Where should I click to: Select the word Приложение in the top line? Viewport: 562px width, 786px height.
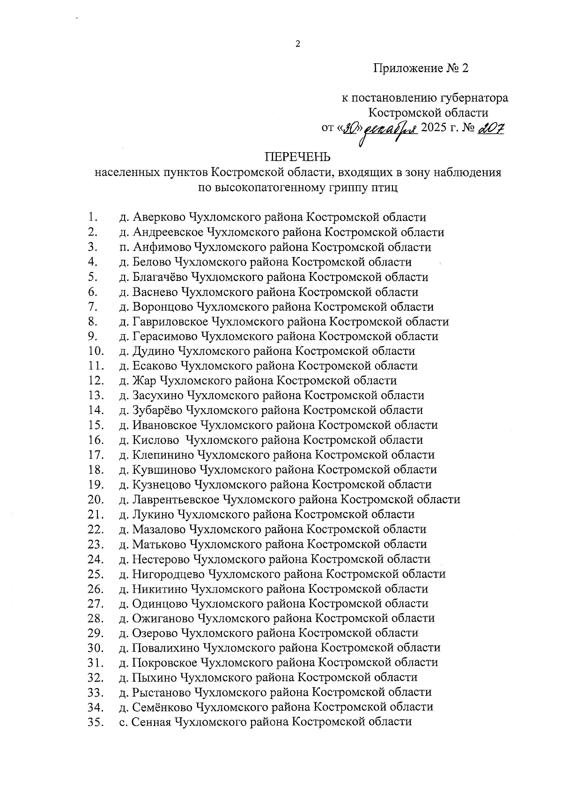pyautogui.click(x=407, y=69)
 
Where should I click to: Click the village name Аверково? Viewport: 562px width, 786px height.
pyautogui.click(x=159, y=217)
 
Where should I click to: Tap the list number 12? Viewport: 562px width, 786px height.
pyautogui.click(x=95, y=381)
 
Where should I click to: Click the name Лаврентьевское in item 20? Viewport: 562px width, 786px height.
pyautogui.click(x=176, y=500)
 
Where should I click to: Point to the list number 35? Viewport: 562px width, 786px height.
pyautogui.click(x=95, y=722)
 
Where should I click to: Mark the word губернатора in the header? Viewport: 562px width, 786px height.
pyautogui.click(x=474, y=98)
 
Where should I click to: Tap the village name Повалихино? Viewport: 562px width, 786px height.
pyautogui.click(x=166, y=648)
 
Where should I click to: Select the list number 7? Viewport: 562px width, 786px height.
pyautogui.click(x=92, y=307)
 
